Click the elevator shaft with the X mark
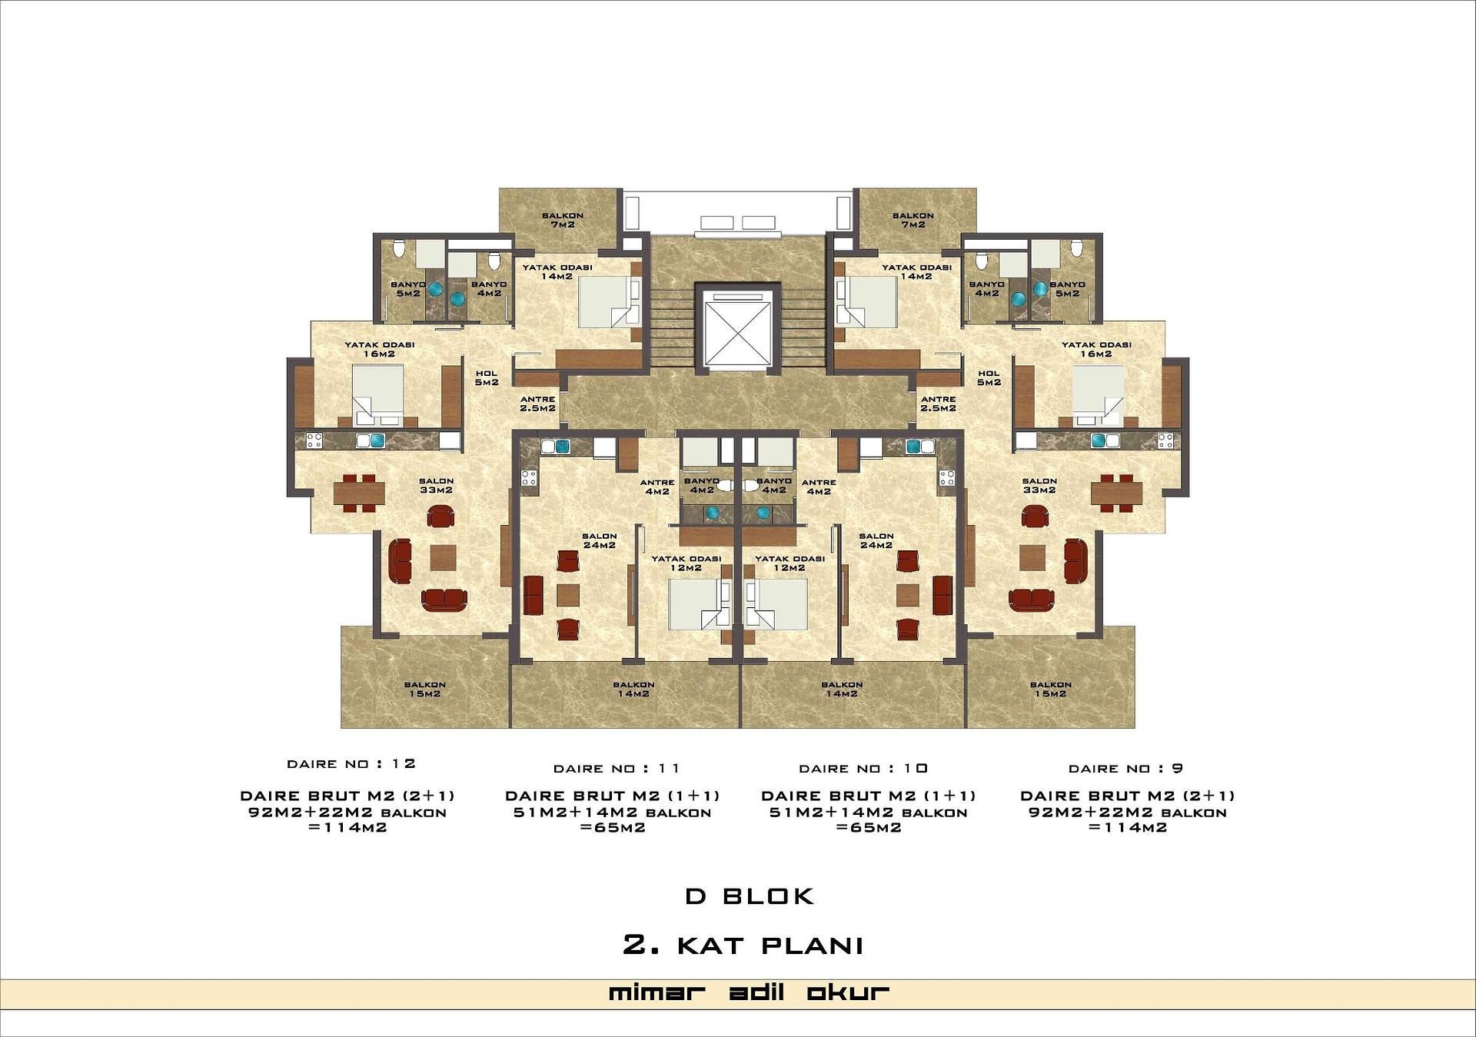coord(737,328)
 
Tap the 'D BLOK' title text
coord(750,896)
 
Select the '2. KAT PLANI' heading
coord(743,946)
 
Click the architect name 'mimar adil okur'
coord(749,992)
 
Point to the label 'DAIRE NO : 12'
coord(351,764)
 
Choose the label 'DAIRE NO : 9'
coord(1125,769)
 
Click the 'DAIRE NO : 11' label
coord(617,769)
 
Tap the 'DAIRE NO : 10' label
coord(863,769)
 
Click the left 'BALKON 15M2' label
coord(425,689)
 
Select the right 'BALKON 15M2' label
coord(1050,689)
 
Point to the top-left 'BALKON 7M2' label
coord(562,220)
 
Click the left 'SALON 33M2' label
coord(436,485)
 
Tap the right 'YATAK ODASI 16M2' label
coord(1096,349)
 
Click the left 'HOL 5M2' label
coord(487,378)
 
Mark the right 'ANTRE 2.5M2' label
coord(938,404)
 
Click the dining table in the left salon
coord(359,492)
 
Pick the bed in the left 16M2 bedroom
coord(377,394)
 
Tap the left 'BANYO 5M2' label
coord(408,289)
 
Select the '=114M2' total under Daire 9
coord(1128,828)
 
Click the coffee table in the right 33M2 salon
coord(1032,557)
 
